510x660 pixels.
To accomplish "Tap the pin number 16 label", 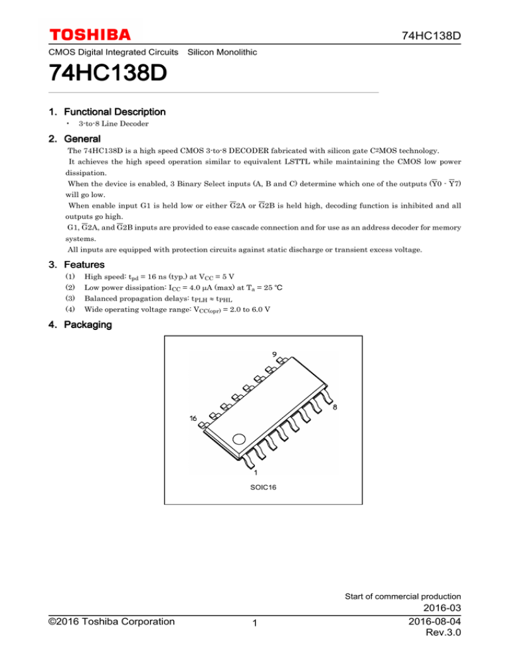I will [x=193, y=419].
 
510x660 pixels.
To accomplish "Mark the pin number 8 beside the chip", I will [x=334, y=408].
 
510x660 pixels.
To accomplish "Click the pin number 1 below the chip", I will [x=256, y=473].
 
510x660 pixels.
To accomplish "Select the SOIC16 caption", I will [x=255, y=487].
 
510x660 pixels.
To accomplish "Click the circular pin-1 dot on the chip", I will [x=238, y=439].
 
